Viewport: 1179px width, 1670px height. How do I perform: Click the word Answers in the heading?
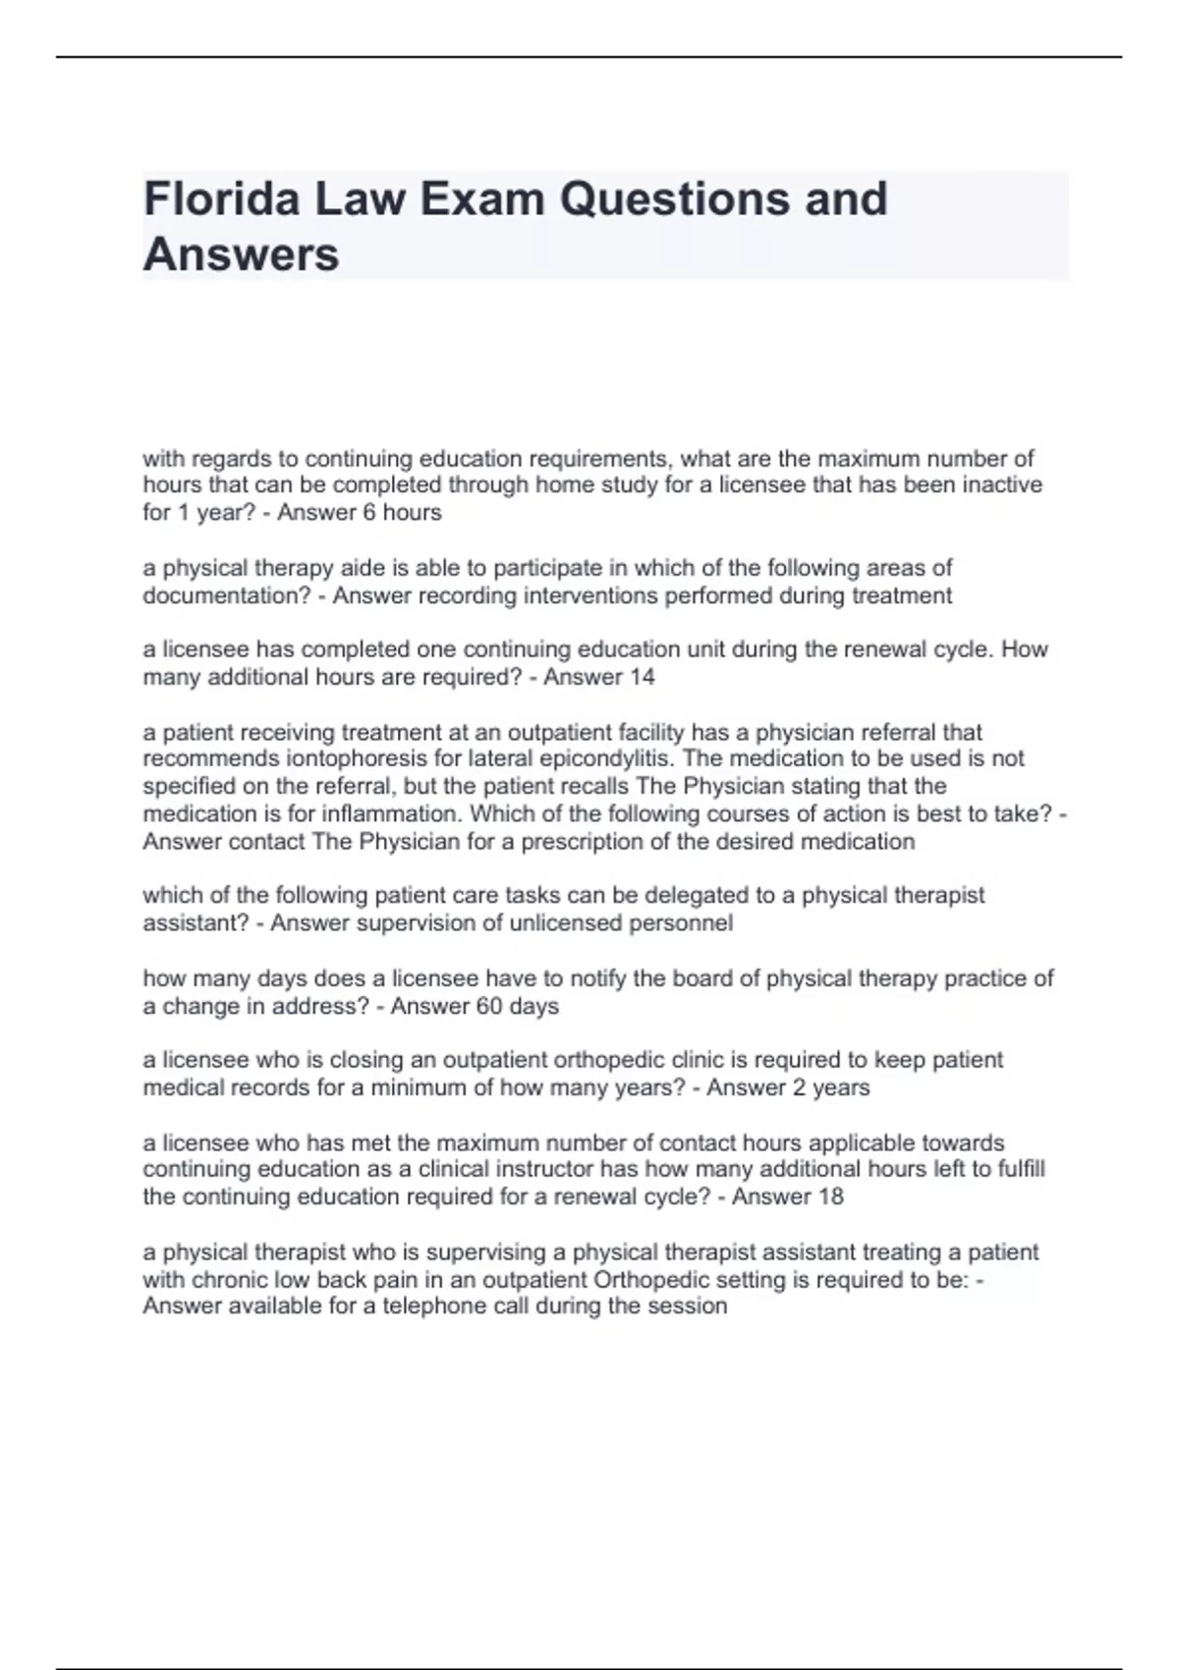(x=241, y=254)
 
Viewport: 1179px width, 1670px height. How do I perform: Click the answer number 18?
(x=830, y=1197)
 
